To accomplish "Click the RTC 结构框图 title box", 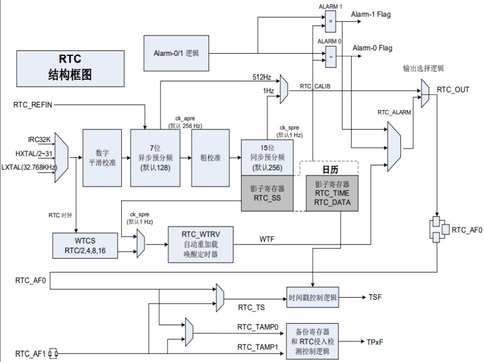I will pyautogui.click(x=70, y=67).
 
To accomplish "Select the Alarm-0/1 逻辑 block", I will pyautogui.click(x=176, y=53).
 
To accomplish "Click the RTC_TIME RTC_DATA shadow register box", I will pyautogui.click(x=331, y=193).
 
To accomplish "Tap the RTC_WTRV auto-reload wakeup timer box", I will pyautogui.click(x=200, y=244).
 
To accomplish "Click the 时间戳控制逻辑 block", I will pyautogui.click(x=312, y=297).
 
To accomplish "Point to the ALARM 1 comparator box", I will pyautogui.click(x=330, y=22).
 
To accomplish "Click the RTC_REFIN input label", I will pyautogui.click(x=33, y=105).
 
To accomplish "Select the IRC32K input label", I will pyautogui.click(x=40, y=139).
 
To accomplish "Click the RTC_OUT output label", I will pyautogui.click(x=453, y=89).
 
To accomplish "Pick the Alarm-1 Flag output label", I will pyautogui.click(x=371, y=14).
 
